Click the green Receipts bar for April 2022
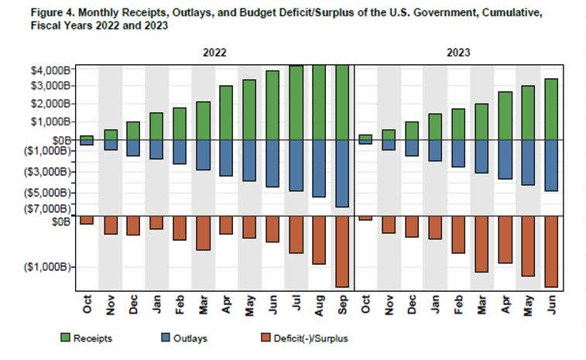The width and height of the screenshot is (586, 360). point(226,112)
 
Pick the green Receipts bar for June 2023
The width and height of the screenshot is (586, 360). point(551,109)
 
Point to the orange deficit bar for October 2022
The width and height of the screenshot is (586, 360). point(87,221)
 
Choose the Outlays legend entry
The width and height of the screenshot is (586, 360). point(190,338)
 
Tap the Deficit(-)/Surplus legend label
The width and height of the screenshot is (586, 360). point(314,338)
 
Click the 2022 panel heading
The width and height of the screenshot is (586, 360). point(214,54)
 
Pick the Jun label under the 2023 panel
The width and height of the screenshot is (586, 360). point(551,305)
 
